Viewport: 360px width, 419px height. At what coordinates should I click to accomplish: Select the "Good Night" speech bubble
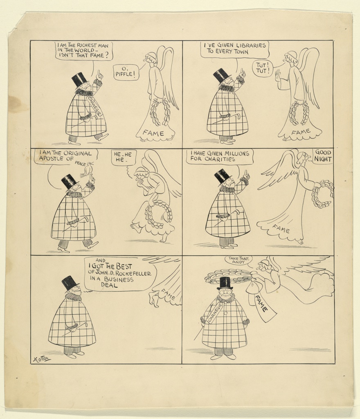coord(323,156)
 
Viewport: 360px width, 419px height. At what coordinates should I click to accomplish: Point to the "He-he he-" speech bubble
coord(124,158)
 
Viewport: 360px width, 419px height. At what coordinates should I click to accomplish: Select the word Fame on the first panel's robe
coord(153,133)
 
